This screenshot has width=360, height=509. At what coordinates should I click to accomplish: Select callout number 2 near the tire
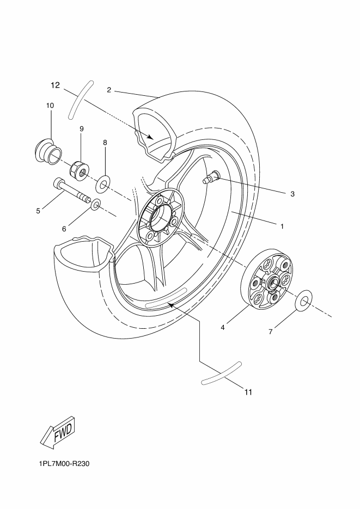[109, 90]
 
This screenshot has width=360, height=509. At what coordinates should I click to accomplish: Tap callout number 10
[50, 105]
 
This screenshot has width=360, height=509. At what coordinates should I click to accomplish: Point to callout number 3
[292, 194]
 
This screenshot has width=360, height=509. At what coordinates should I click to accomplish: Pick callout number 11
[248, 391]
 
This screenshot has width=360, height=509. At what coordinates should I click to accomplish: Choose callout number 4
[223, 328]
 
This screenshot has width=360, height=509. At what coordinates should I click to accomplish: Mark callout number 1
[282, 226]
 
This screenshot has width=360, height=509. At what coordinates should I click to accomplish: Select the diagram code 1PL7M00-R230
[64, 464]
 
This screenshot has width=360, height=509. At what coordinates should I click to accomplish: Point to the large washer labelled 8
[103, 185]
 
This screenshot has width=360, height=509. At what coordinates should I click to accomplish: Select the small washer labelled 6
[95, 205]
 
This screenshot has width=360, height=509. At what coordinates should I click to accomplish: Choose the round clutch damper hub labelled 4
[267, 281]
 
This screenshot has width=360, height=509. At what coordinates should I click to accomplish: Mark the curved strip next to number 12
[80, 99]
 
